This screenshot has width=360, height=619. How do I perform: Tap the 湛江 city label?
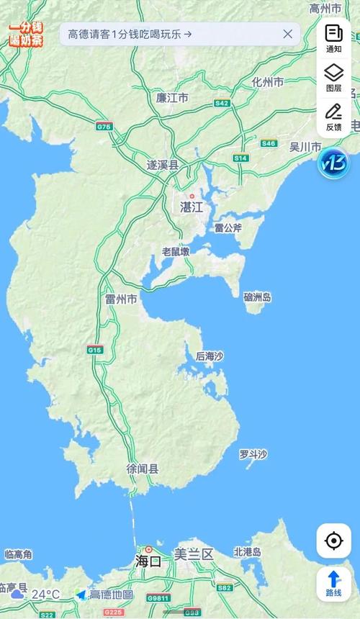pyautogui.click(x=192, y=207)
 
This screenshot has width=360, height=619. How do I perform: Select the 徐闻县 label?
pyautogui.click(x=143, y=469)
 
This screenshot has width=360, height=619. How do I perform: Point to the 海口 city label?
pyautogui.click(x=148, y=561)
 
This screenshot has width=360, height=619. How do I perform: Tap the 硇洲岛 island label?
pyautogui.click(x=257, y=297)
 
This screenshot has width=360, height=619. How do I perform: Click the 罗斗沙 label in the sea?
pyautogui.click(x=253, y=454)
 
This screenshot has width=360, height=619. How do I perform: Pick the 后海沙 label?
pyautogui.click(x=210, y=356)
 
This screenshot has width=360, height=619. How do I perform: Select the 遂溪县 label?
pyautogui.click(x=163, y=165)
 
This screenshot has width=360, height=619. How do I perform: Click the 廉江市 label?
pyautogui.click(x=172, y=97)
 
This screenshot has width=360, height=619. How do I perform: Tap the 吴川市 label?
pyautogui.click(x=305, y=147)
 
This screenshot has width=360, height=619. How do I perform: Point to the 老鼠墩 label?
pyautogui.click(x=176, y=251)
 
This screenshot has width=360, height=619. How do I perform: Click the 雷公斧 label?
pyautogui.click(x=228, y=228)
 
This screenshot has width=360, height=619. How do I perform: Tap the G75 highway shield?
pyautogui.click(x=104, y=126)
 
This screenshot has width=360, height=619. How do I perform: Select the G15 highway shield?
pyautogui.click(x=95, y=350)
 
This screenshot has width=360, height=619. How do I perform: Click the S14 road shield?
pyautogui.click(x=240, y=158)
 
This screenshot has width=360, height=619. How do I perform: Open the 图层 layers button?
pyautogui.click(x=333, y=77)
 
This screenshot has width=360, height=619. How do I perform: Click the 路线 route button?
pyautogui.click(x=333, y=583)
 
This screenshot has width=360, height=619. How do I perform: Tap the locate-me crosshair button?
pyautogui.click(x=333, y=541)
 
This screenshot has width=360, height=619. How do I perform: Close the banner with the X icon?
pyautogui.click(x=288, y=33)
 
